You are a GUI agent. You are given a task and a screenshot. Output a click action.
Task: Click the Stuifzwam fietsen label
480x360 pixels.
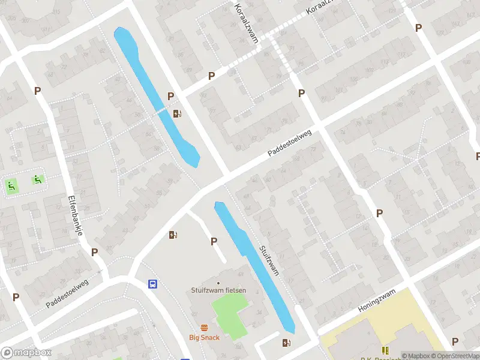tap(218, 291)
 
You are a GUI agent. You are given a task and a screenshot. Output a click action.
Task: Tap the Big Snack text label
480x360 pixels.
tap(205, 337)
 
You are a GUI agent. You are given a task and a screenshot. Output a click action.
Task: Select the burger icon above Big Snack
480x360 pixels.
tap(205, 328)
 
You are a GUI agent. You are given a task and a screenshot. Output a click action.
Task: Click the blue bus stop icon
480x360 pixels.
tap(154, 284)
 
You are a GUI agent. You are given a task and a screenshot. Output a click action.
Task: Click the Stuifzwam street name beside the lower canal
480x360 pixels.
tap(269, 259)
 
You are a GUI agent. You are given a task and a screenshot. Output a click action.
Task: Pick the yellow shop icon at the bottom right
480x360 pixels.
tap(385, 350)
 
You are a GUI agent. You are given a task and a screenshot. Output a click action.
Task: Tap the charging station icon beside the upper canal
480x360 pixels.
tap(177, 113)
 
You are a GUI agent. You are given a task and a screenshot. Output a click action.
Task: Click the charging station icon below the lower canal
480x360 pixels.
tap(286, 343)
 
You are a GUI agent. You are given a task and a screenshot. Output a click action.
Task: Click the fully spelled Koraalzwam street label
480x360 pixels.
tap(247, 22)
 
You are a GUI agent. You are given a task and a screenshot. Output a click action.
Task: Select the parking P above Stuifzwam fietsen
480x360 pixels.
tap(214, 241)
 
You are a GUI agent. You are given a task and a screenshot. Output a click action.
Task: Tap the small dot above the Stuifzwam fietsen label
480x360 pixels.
tap(218, 283)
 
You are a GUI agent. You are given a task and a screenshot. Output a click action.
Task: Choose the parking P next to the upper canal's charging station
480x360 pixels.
tap(170, 96)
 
